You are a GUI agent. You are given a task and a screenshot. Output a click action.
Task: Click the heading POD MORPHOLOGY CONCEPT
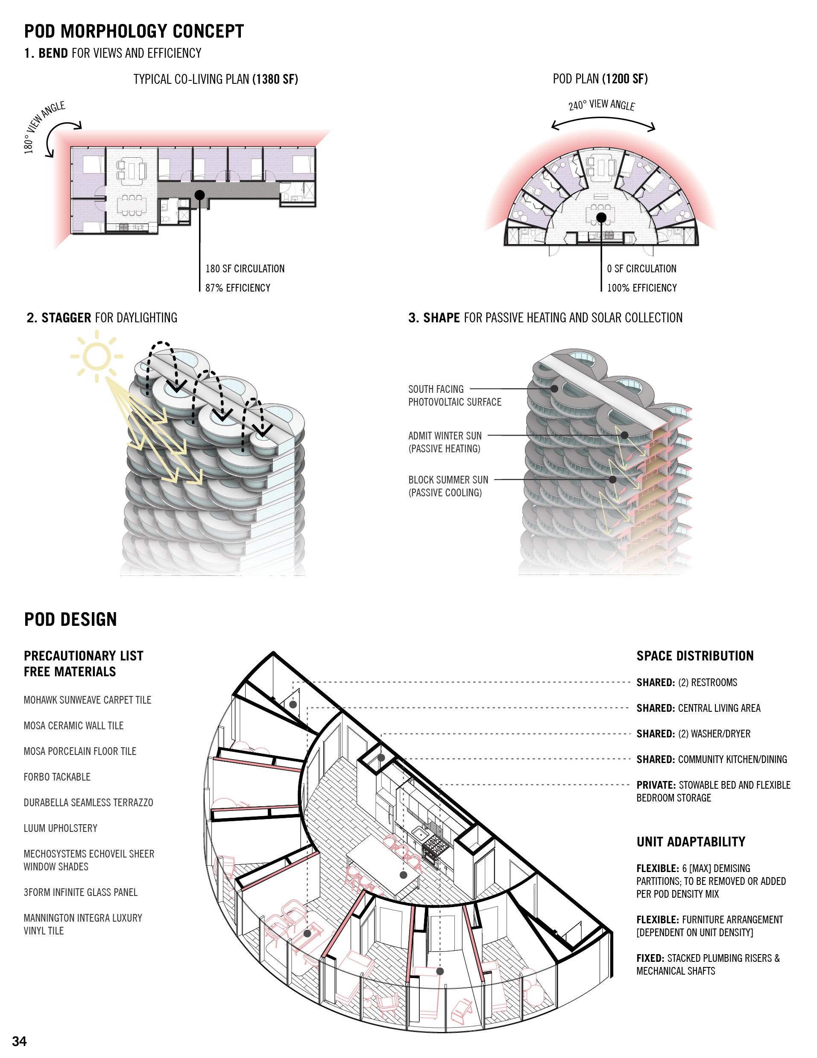134,31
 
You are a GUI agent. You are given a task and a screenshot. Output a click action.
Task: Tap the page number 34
19,1041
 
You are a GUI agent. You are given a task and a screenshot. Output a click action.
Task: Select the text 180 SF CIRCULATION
245,269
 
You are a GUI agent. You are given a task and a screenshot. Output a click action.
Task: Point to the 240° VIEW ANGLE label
602,105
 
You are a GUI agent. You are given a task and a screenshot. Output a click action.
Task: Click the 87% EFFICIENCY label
237,288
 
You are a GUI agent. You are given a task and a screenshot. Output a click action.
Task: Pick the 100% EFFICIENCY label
642,288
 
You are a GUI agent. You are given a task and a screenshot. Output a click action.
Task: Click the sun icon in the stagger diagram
97,356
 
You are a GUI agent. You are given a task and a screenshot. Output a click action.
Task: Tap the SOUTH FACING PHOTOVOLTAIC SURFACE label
454,395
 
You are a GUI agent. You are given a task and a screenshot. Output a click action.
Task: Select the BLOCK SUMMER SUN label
448,486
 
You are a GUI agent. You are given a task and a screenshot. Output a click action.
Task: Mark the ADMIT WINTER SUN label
445,442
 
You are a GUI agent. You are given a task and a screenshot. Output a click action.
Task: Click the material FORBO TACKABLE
57,777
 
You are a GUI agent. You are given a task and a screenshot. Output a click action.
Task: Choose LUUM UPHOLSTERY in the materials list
61,828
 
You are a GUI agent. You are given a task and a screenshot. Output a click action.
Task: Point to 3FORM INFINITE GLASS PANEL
80,892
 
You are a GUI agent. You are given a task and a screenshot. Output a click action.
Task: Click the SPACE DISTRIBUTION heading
695,656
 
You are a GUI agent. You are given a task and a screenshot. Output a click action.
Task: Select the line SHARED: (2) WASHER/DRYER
693,734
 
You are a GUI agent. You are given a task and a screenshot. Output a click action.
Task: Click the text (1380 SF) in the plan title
275,79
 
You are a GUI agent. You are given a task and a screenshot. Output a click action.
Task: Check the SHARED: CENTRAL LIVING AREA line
698,708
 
